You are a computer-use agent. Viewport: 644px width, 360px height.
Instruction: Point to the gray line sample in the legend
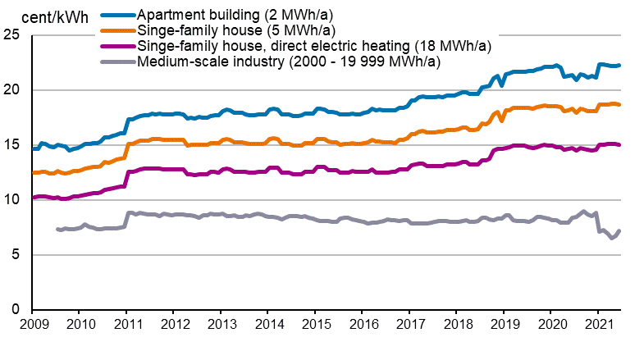coord(116,62)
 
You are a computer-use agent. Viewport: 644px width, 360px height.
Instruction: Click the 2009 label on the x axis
coord(32,326)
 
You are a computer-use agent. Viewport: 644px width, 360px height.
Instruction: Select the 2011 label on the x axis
coord(126,326)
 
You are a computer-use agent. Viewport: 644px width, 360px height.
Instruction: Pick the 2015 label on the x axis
coord(315,326)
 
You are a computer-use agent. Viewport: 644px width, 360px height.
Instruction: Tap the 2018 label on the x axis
coord(456,326)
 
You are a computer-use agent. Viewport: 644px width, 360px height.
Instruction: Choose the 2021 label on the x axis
coord(598,326)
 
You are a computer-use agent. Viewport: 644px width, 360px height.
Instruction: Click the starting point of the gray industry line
coord(57,229)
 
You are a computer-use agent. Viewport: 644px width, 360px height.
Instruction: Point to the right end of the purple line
coord(619,145)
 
